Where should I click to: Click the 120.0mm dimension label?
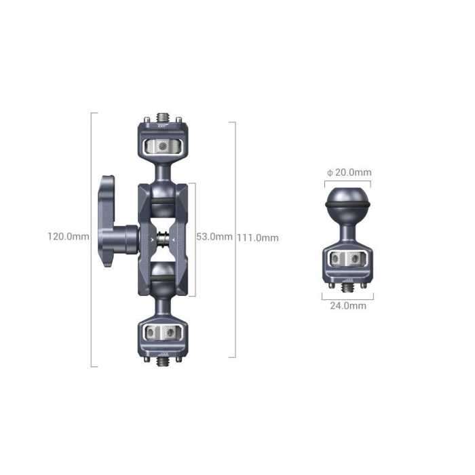tap(68, 237)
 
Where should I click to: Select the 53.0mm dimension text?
tap(213, 237)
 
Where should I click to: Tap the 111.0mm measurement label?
tap(258, 237)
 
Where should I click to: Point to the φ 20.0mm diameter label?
tap(349, 172)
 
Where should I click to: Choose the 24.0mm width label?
tap(348, 305)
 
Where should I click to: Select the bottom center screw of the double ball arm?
tap(162, 362)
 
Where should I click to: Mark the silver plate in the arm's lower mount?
tap(162, 332)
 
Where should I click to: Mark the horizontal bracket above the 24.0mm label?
tap(347, 297)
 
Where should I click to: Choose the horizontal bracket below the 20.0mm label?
tap(347, 183)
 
